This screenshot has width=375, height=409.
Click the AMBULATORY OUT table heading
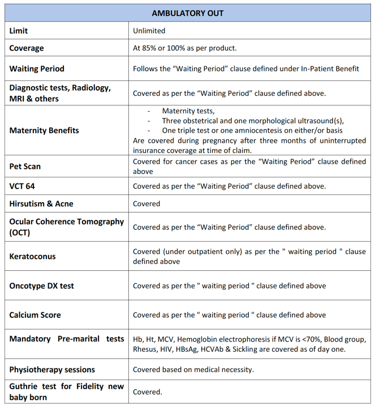(x=187, y=13)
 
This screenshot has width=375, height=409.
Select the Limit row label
(x=19, y=31)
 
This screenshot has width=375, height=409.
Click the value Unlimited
(x=149, y=31)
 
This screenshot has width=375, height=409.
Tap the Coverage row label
(x=27, y=48)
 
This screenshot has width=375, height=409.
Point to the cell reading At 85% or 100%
(x=184, y=48)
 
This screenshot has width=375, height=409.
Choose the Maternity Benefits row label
(x=44, y=130)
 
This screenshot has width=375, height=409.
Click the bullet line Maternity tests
(x=188, y=111)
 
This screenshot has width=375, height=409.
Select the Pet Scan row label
(x=25, y=167)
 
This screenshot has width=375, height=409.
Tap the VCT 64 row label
(x=22, y=186)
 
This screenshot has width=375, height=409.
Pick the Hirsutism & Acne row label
(x=41, y=203)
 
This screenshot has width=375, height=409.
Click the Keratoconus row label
(x=32, y=256)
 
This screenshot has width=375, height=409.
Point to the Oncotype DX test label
(x=41, y=286)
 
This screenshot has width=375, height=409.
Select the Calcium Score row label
(x=35, y=315)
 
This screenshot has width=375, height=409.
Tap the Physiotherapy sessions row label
(x=52, y=369)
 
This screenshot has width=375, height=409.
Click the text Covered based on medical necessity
(x=193, y=369)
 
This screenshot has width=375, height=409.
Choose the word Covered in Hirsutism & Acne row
(x=146, y=203)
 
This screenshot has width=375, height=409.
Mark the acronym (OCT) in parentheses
(x=20, y=232)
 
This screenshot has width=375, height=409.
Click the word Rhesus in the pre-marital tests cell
(x=145, y=349)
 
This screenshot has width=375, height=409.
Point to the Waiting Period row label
(x=37, y=69)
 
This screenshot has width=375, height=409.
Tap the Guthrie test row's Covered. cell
(x=147, y=391)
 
